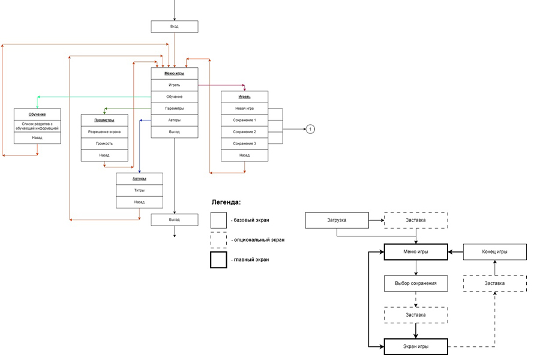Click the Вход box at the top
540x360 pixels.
174,27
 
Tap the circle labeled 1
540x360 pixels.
310,129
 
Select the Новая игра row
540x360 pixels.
244,109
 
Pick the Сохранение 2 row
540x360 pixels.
244,132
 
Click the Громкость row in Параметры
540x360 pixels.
104,143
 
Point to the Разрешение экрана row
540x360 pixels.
104,132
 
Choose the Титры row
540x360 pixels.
139,190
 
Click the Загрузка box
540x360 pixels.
336,220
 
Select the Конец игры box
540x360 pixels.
494,252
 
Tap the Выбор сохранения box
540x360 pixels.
416,283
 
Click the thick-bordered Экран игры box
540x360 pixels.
416,347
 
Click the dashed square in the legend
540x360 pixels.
218,240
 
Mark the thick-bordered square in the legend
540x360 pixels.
218,260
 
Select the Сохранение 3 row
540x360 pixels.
244,143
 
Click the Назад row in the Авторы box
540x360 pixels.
139,202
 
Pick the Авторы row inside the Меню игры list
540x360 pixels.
174,120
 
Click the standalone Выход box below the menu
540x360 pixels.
174,220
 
